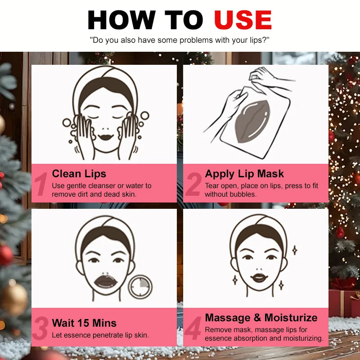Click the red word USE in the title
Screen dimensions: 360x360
pyautogui.click(x=243, y=20)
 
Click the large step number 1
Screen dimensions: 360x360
pyautogui.click(x=41, y=185)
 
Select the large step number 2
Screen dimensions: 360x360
pyautogui.click(x=193, y=185)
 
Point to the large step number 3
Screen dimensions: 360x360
pyautogui.click(x=41, y=329)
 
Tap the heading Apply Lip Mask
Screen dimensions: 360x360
pyautogui.click(x=244, y=174)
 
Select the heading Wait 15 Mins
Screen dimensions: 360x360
pyautogui.click(x=84, y=323)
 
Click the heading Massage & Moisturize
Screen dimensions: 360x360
pyautogui.click(x=261, y=317)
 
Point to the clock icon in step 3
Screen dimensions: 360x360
pyautogui.click(x=140, y=286)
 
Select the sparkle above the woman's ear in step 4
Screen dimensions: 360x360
pyautogui.click(x=295, y=250)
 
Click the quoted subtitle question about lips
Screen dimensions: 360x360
pyautogui.click(x=180, y=40)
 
